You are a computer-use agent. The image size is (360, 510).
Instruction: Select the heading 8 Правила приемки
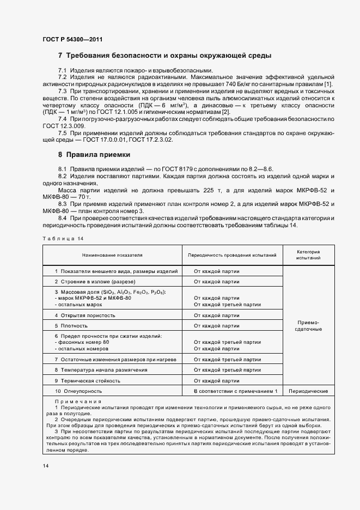[94, 154]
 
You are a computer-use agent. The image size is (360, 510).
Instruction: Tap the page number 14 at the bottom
[45, 465]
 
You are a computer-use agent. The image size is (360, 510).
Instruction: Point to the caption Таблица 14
[63, 239]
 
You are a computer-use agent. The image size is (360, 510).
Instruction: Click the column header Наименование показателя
[112, 255]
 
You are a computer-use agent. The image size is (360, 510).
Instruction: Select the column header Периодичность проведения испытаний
[232, 255]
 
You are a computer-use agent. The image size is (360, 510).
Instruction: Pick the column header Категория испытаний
[308, 255]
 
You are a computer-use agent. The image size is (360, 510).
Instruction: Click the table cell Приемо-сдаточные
[308, 325]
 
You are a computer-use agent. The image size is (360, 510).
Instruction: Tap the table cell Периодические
[308, 391]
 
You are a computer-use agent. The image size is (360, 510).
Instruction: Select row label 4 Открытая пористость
[87, 315]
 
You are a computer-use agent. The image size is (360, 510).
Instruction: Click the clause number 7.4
[62, 119]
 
